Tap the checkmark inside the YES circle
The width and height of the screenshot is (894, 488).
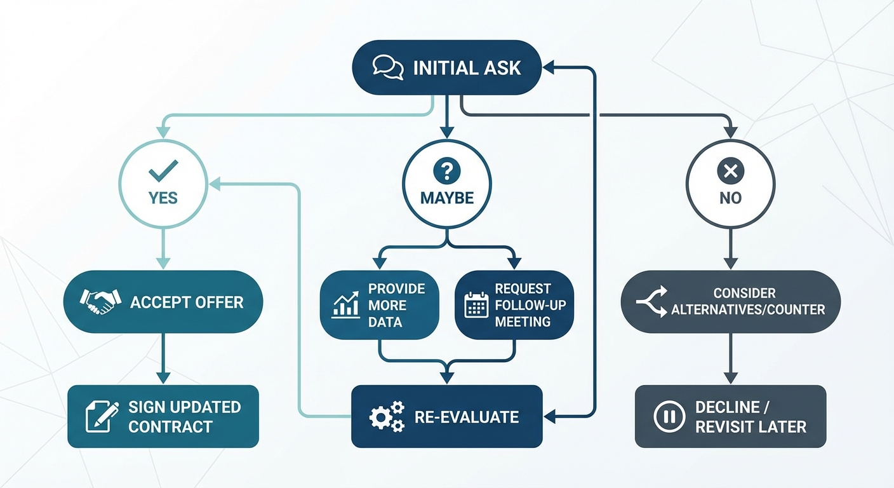163,170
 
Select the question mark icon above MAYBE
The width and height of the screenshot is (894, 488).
446,170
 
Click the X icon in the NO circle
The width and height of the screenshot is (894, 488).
730,170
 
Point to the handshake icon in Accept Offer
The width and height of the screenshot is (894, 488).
100,302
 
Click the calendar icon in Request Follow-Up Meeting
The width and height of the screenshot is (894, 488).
476,304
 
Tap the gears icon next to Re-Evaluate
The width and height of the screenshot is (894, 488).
387,417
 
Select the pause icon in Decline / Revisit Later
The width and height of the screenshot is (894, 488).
669,417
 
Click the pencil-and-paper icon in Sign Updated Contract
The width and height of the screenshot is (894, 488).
102,416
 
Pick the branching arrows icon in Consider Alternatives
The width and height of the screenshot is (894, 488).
651,302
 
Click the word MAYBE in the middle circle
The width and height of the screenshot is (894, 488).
447,198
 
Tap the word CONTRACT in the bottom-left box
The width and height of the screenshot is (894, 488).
170,426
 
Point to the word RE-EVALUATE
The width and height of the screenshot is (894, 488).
467,417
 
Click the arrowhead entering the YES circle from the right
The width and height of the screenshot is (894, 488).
215,184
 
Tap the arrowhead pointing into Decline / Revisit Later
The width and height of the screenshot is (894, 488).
730,379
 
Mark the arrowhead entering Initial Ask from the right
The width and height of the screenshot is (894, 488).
549,64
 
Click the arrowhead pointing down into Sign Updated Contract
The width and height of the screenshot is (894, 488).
163,379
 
